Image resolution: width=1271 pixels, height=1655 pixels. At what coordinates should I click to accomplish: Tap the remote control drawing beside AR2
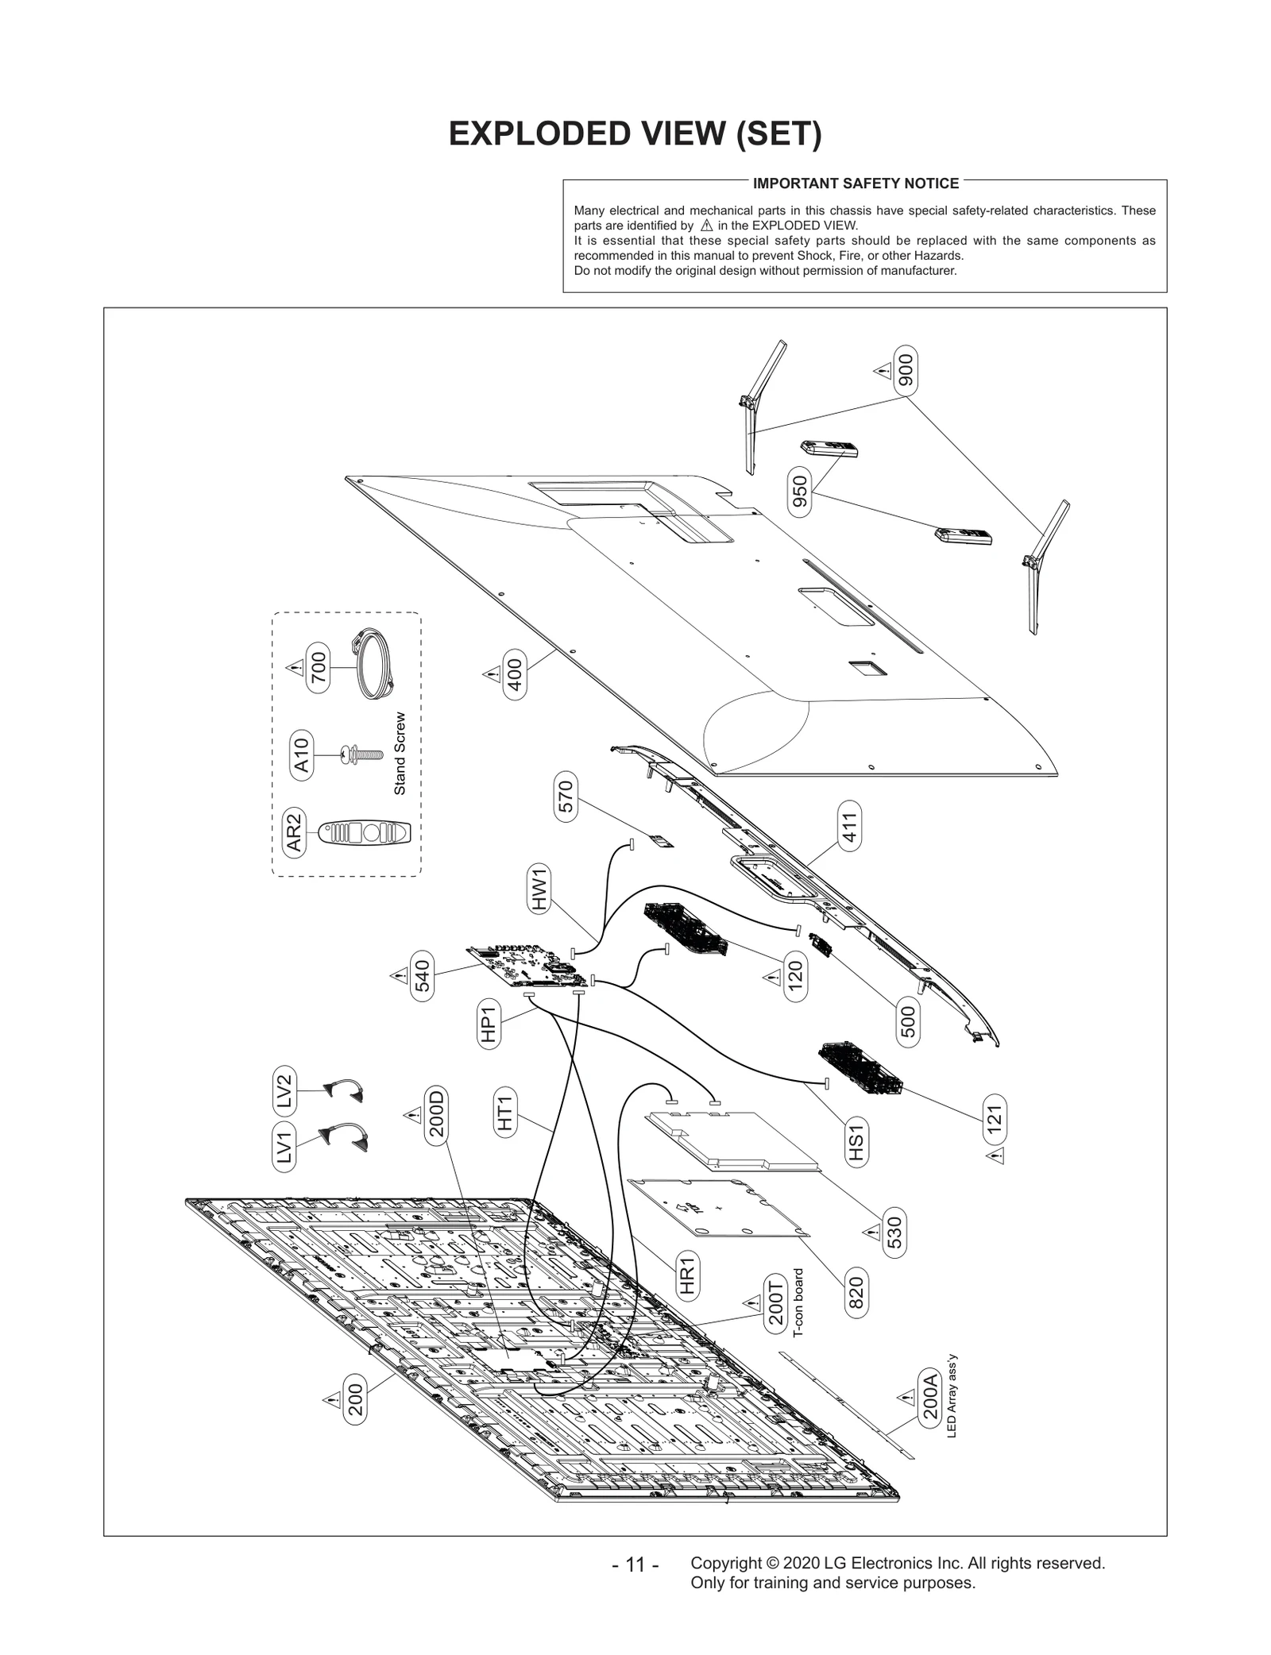pyautogui.click(x=366, y=833)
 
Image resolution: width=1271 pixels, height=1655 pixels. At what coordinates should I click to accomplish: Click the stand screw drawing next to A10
pyautogui.click(x=358, y=755)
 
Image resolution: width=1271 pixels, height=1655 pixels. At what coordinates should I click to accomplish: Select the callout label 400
pyautogui.click(x=515, y=674)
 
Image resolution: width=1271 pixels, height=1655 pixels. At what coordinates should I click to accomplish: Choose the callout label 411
pyautogui.click(x=849, y=827)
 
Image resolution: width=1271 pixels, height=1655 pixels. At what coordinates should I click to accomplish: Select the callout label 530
pyautogui.click(x=895, y=1232)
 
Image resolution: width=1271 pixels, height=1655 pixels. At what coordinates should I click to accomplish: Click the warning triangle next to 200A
pyautogui.click(x=905, y=1397)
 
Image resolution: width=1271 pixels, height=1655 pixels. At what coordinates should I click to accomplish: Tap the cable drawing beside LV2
pyautogui.click(x=344, y=1092)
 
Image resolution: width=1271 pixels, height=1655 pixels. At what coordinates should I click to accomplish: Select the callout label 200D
pyautogui.click(x=436, y=1114)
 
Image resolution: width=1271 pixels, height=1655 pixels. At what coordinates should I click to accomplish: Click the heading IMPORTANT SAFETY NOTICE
pyautogui.click(x=856, y=183)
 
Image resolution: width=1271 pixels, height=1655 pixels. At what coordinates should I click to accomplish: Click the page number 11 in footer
pyautogui.click(x=635, y=1564)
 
